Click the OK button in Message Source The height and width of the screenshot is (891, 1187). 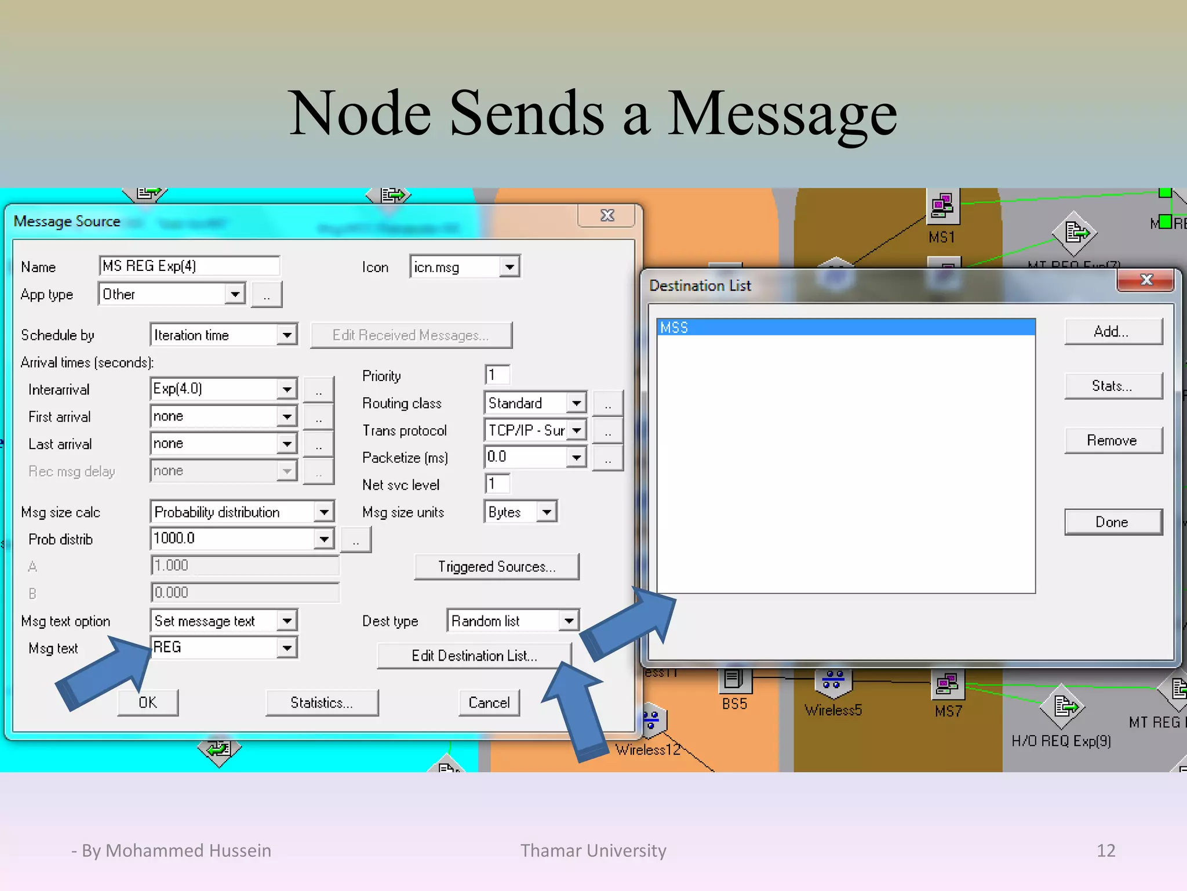coord(148,702)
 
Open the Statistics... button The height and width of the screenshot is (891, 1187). coord(322,702)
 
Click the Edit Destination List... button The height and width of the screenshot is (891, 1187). coord(474,655)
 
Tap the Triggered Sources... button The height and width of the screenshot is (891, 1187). coord(497,566)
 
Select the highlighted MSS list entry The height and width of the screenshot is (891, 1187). coord(846,328)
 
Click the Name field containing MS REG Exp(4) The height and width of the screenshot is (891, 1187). coord(189,266)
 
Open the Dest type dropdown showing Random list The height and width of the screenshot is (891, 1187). coord(512,621)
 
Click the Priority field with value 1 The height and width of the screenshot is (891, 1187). coord(497,375)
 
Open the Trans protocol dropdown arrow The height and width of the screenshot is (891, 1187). coord(577,430)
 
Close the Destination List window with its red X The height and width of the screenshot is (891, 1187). coord(1146,280)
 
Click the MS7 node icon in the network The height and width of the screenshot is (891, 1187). coord(947,684)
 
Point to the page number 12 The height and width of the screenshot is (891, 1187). coord(1106,850)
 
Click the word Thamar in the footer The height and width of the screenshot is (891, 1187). coord(551,850)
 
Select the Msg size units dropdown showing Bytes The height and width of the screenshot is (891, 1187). coord(520,512)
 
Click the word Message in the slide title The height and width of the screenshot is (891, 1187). coord(782,113)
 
